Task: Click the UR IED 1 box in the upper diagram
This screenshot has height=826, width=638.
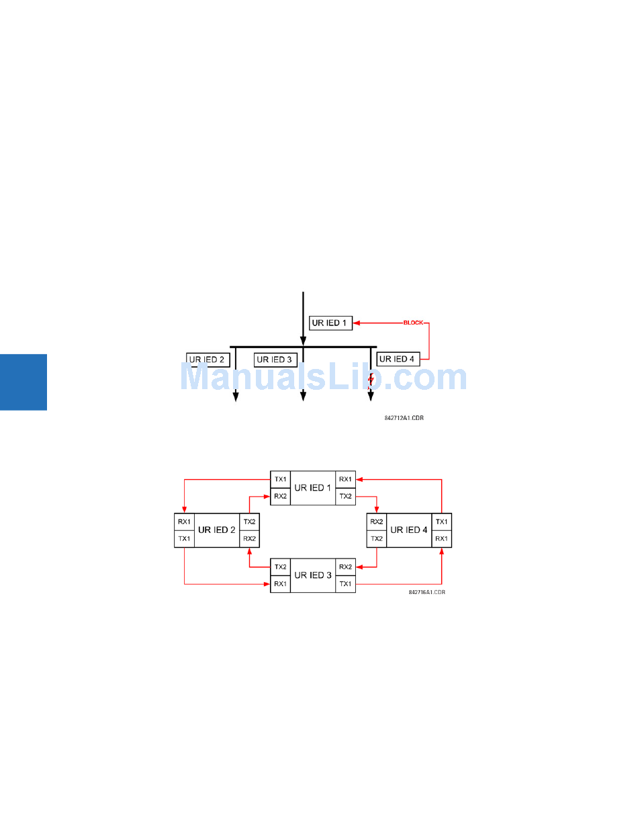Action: tap(330, 323)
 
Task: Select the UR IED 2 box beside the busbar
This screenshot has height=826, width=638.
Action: tap(208, 360)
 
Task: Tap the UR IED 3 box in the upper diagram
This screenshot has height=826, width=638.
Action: tap(275, 360)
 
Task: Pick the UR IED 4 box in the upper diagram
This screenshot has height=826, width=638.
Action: tap(398, 359)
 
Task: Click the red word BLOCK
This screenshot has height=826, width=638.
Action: tap(413, 323)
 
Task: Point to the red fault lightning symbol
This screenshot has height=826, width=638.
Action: tap(371, 380)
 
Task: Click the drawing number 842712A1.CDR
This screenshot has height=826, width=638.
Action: tap(404, 418)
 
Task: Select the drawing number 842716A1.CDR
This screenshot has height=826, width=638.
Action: tap(426, 593)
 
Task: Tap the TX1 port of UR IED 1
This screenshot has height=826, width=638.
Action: tap(280, 479)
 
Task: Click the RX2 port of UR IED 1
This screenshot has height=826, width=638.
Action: tap(280, 496)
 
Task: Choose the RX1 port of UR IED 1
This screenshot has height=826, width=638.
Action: tap(345, 479)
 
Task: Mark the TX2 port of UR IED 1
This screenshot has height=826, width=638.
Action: tap(345, 496)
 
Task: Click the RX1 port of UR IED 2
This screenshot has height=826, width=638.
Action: tap(184, 522)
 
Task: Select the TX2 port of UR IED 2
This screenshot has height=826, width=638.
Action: tap(249, 522)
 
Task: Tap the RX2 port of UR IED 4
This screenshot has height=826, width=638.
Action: tap(376, 522)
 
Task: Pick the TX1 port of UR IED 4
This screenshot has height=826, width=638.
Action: tap(441, 522)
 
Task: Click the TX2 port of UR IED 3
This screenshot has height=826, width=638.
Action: tap(280, 567)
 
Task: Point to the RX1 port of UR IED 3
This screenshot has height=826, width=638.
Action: tap(280, 584)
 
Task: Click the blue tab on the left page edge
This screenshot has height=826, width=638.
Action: tap(24, 382)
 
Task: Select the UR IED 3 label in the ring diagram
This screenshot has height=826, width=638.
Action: tap(313, 575)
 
